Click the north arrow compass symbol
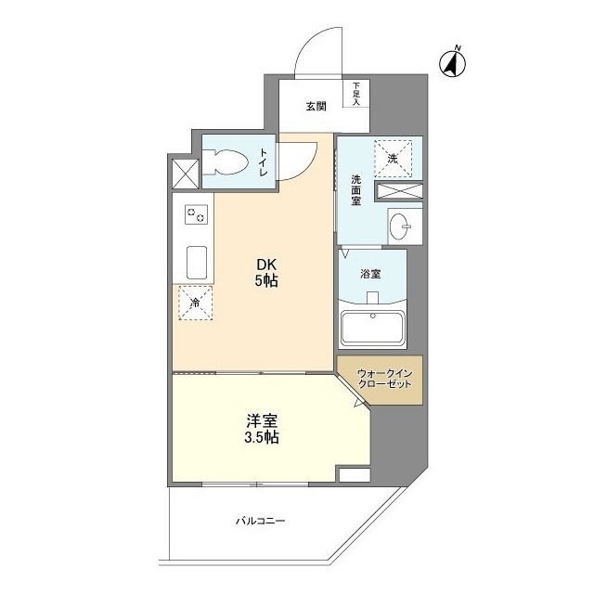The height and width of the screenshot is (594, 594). pyautogui.click(x=453, y=63)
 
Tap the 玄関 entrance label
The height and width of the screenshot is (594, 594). pyautogui.click(x=316, y=107)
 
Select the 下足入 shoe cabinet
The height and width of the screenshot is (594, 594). pyautogui.click(x=356, y=93)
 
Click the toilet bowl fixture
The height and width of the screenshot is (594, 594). pyautogui.click(x=225, y=162)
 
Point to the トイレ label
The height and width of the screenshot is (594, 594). pyautogui.click(x=264, y=162)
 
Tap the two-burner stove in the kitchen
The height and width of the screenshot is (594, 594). pyautogui.click(x=196, y=214)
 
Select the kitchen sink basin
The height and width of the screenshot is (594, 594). pyautogui.click(x=197, y=262)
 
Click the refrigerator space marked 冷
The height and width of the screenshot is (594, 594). pyautogui.click(x=195, y=303)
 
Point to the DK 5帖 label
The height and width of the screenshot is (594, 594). pyautogui.click(x=266, y=273)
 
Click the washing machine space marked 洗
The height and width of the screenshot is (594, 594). pyautogui.click(x=393, y=159)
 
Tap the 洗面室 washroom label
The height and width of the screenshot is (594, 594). pyautogui.click(x=355, y=190)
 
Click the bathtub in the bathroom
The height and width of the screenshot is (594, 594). pyautogui.click(x=373, y=328)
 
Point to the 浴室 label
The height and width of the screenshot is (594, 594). pyautogui.click(x=371, y=274)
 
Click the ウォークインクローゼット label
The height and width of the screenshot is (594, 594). pyautogui.click(x=384, y=379)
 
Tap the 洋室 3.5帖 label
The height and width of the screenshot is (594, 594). pyautogui.click(x=262, y=429)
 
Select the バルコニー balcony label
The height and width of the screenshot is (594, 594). pyautogui.click(x=260, y=521)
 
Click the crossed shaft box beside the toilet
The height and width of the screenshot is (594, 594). pyautogui.click(x=185, y=174)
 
